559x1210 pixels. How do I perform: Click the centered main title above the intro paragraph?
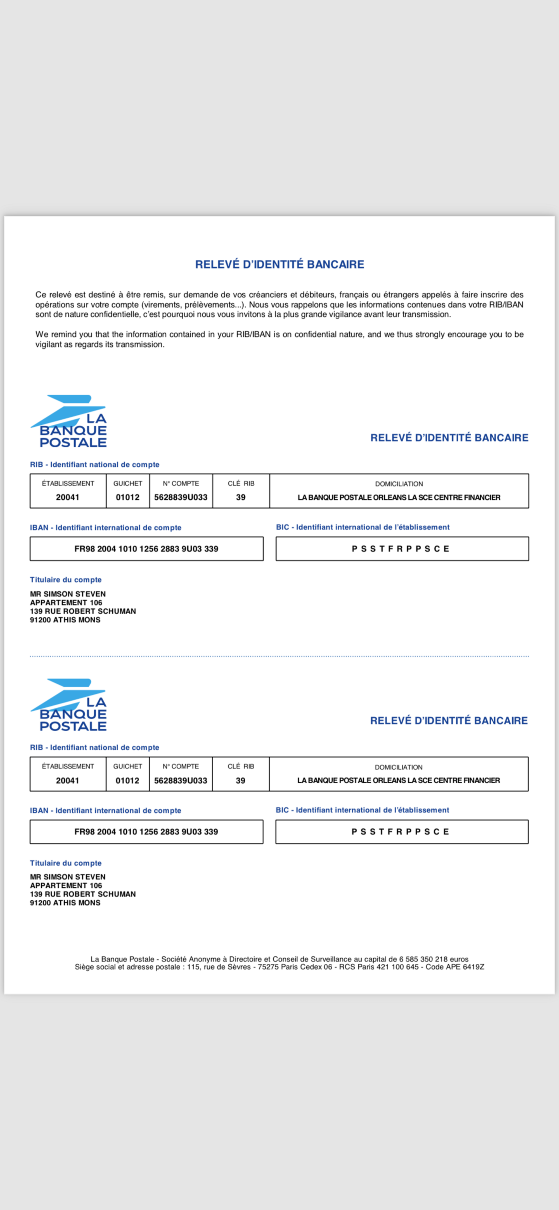tap(279, 264)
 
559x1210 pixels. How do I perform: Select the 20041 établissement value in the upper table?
tap(68, 497)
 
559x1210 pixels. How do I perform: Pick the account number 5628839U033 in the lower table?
tap(181, 781)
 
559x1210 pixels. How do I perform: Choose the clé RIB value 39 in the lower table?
tap(241, 781)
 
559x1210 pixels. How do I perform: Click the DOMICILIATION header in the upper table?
tap(399, 484)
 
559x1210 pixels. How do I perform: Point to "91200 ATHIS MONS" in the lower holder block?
tap(65, 903)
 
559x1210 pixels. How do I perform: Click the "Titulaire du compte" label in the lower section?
tap(66, 863)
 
